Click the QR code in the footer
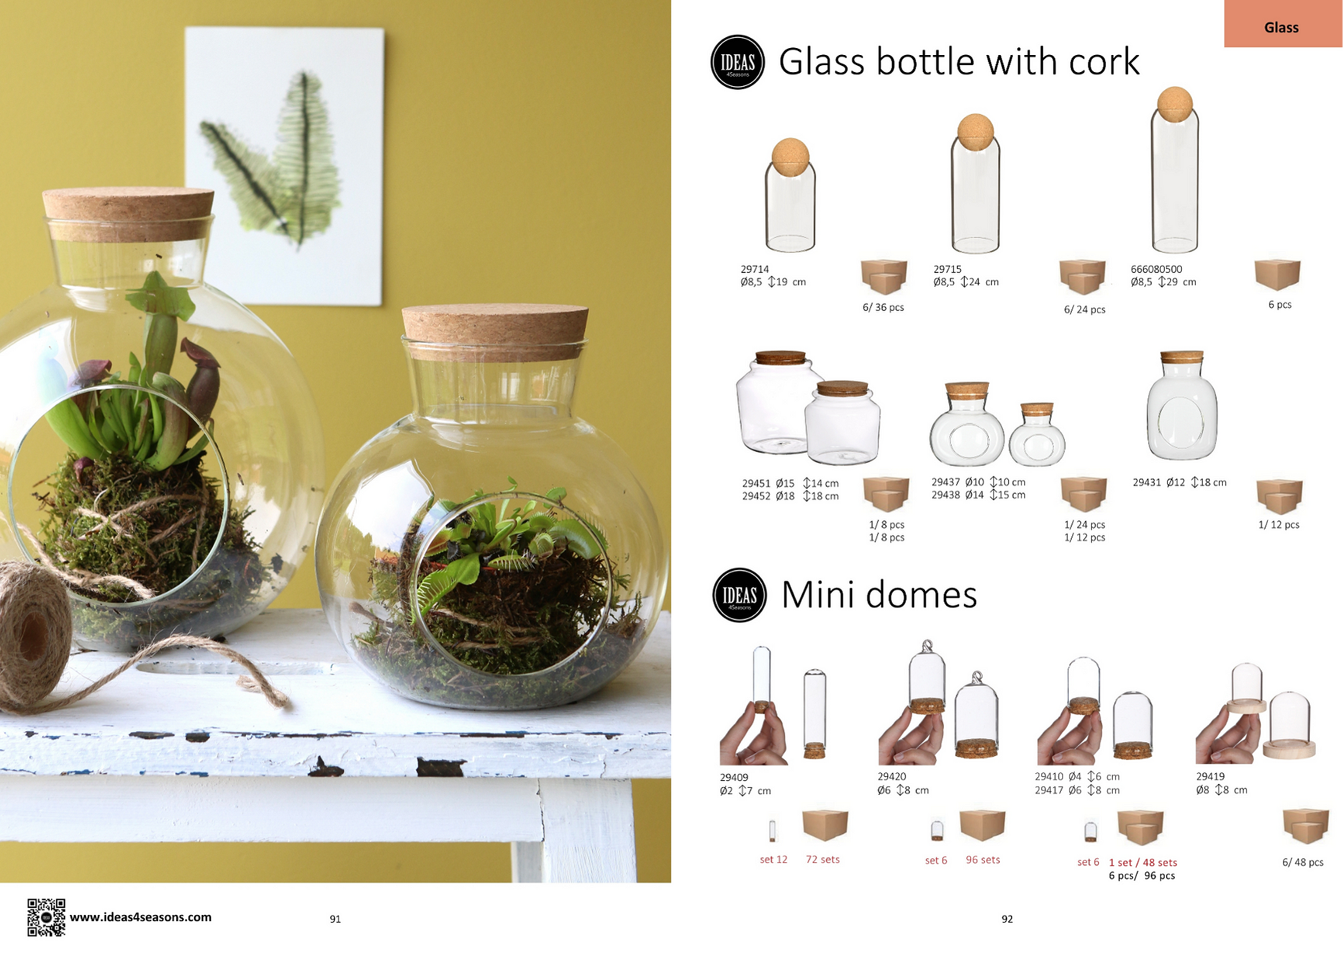pyautogui.click(x=46, y=917)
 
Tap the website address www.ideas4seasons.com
pyautogui.click(x=140, y=917)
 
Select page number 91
pyautogui.click(x=335, y=919)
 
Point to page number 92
pyautogui.click(x=1007, y=919)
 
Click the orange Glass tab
pyautogui.click(x=1283, y=24)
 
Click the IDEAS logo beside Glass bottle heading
pyautogui.click(x=737, y=62)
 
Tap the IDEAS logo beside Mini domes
pyautogui.click(x=740, y=595)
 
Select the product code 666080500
pyautogui.click(x=1156, y=269)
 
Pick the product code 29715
pyautogui.click(x=947, y=269)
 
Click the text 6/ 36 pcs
pyautogui.click(x=883, y=307)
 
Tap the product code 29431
pyautogui.click(x=1147, y=482)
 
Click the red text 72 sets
pyautogui.click(x=823, y=859)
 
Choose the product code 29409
pyautogui.click(x=734, y=777)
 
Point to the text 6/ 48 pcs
pyautogui.click(x=1303, y=862)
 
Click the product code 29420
pyautogui.click(x=892, y=776)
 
